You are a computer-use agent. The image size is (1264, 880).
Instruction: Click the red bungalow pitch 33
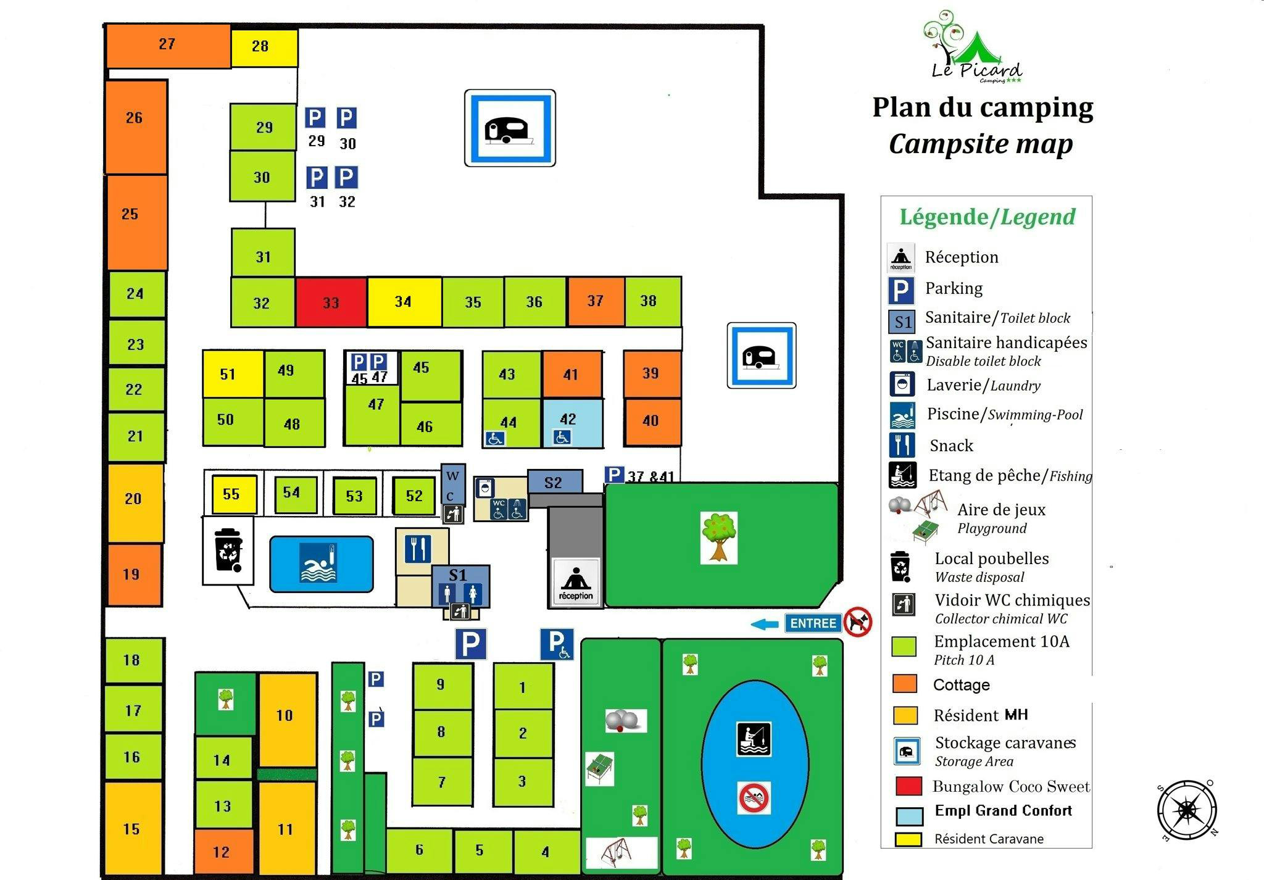point(331,302)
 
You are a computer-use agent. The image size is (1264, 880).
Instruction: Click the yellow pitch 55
point(234,494)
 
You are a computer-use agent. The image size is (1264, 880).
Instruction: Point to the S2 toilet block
point(554,482)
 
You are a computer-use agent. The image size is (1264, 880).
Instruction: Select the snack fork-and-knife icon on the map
point(418,549)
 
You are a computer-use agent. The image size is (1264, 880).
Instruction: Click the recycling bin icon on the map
point(228,550)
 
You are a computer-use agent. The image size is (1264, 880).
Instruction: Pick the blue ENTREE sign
point(813,623)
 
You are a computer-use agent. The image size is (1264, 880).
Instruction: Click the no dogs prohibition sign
point(859,621)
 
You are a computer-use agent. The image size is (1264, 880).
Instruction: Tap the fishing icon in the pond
point(754,739)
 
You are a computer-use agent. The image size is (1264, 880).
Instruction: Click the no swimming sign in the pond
point(754,798)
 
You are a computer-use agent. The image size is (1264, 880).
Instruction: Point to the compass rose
point(1187,811)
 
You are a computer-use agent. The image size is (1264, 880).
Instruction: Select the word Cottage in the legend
point(961,685)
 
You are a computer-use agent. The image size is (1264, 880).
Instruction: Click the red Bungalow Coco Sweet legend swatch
point(908,786)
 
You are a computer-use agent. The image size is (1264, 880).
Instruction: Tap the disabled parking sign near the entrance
point(557,644)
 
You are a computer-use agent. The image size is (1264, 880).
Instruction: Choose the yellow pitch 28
point(264,47)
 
